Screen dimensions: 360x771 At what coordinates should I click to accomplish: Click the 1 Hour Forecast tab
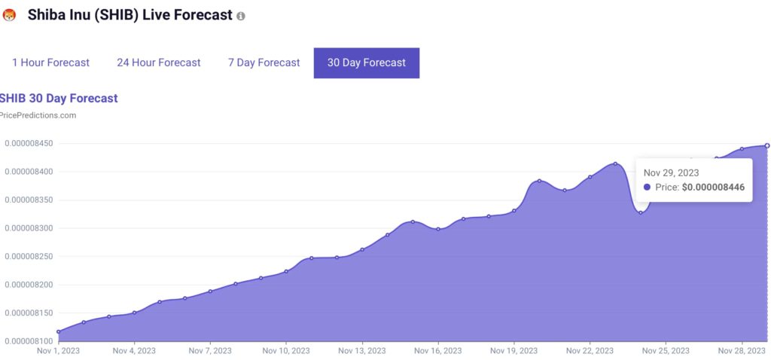click(x=50, y=63)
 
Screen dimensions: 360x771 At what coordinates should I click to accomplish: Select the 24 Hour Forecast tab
click(x=158, y=63)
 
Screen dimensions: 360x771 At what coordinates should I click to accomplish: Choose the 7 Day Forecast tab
click(x=264, y=63)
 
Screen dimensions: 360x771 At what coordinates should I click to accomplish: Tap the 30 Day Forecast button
click(x=367, y=63)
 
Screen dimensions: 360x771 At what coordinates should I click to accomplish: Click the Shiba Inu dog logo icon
click(x=10, y=15)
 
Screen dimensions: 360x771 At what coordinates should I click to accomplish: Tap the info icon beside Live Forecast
click(x=241, y=16)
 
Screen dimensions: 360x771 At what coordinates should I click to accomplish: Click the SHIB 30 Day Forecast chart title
click(x=59, y=98)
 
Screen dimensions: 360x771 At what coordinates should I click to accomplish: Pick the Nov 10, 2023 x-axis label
click(x=286, y=351)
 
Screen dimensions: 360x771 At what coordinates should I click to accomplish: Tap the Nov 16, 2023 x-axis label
click(x=438, y=351)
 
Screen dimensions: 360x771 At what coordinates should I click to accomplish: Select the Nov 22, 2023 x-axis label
click(x=590, y=351)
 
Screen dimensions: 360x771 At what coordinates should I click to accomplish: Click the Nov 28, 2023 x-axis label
click(x=741, y=351)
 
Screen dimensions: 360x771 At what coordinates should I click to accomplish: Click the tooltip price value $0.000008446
click(x=713, y=188)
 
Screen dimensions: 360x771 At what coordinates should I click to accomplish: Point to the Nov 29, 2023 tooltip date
click(x=671, y=172)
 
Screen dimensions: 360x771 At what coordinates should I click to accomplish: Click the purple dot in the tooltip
click(x=648, y=188)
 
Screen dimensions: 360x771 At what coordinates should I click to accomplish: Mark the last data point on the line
click(x=767, y=145)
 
